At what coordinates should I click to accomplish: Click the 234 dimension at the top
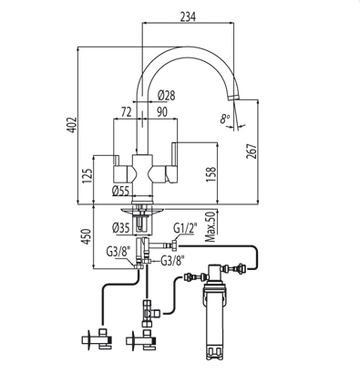[188, 16]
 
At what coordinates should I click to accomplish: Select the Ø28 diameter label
[167, 96]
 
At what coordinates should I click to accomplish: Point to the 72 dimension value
[126, 112]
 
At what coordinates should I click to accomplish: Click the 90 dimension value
[162, 112]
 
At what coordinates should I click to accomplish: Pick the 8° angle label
[225, 119]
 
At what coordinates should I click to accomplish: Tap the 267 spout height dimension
[252, 151]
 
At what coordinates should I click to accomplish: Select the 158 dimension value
[211, 174]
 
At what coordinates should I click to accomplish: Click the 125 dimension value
[87, 176]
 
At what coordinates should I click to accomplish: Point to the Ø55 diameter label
[121, 191]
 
